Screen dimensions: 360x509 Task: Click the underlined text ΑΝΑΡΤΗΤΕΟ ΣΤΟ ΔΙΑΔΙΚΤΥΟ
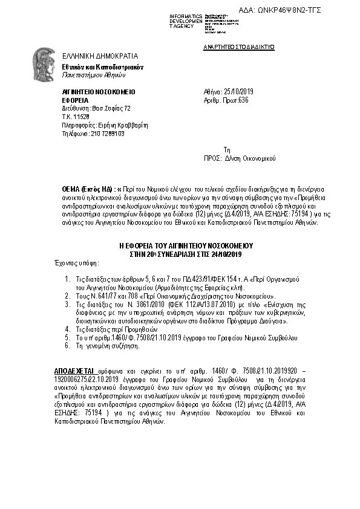239,46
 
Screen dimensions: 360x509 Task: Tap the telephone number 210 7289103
99,134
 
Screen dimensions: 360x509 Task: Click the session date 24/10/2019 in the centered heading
225,254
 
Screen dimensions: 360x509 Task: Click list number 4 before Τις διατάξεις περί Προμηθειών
66,329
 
